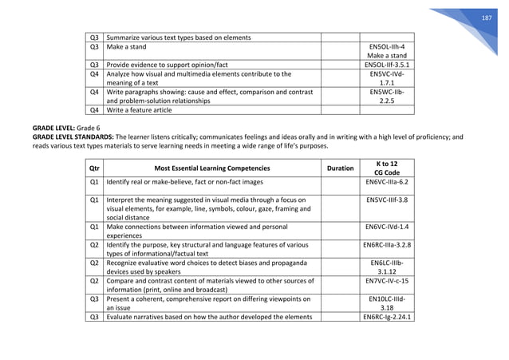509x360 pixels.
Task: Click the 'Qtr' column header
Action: pyautogui.click(x=94, y=168)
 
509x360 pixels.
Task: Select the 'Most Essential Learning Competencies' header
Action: pyautogui.click(x=211, y=168)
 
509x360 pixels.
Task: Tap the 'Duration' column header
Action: pyautogui.click(x=341, y=168)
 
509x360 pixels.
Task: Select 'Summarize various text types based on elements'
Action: pyautogui.click(x=179, y=37)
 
